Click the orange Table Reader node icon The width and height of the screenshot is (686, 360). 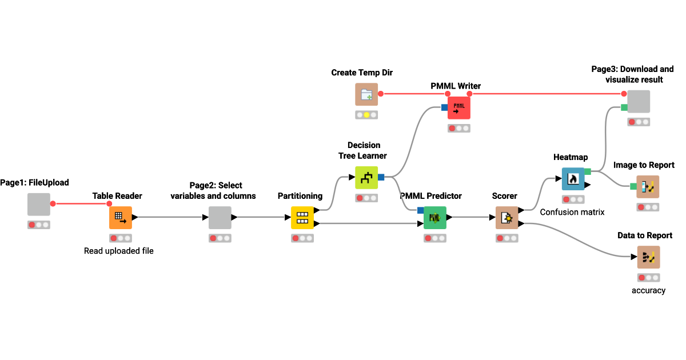pos(121,217)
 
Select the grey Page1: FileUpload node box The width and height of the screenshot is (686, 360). pos(39,204)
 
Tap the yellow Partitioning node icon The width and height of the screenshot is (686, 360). pos(302,217)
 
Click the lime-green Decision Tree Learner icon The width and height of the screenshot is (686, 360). pos(366,177)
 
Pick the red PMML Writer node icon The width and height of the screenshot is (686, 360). pos(459,107)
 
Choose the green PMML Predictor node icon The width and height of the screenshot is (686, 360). pos(434,217)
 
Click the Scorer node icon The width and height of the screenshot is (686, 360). pos(506,217)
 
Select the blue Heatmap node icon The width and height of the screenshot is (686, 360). pos(573,179)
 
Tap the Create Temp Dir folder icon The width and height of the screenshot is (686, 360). pos(366,94)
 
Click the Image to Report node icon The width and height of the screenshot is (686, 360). pos(648,186)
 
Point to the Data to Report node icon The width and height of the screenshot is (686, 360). pos(648,257)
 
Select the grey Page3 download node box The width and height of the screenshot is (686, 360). pos(639,101)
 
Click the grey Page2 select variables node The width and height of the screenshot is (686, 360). pos(220,217)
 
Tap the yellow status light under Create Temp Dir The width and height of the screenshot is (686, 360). pos(366,115)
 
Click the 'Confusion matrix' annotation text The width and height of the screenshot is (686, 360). pos(573,212)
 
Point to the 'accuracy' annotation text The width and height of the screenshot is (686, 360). pos(648,290)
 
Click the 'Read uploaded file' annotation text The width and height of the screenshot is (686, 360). pos(119,250)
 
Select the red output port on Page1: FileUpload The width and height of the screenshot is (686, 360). pos(53,203)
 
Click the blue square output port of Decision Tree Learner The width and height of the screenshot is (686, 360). pos(381,177)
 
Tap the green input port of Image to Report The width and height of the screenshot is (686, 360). pos(633,186)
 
